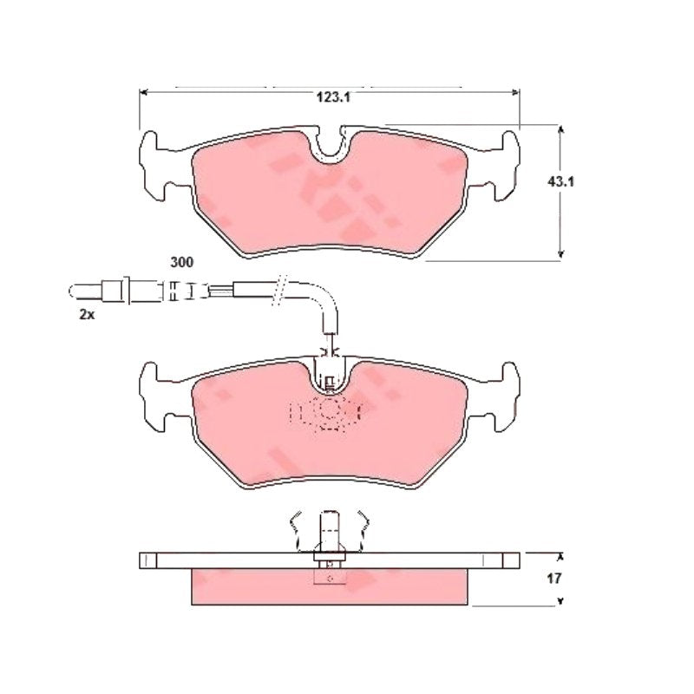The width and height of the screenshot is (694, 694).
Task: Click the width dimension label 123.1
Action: point(333,97)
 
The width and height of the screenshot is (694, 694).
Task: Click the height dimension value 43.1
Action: point(560,181)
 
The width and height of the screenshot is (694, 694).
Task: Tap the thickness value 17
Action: point(553,578)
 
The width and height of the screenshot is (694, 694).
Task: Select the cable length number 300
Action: point(182,263)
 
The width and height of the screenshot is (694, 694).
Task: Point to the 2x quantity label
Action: point(87,315)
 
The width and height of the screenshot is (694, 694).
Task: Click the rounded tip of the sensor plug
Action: point(73,291)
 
